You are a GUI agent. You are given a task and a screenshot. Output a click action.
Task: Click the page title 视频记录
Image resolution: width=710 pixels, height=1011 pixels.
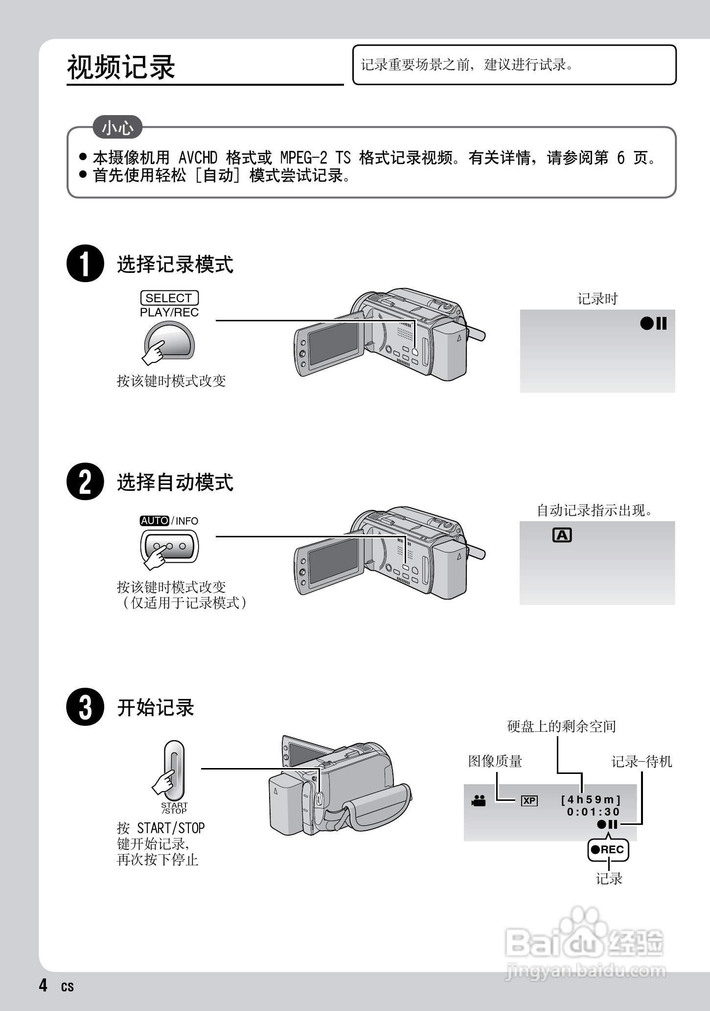click(121, 67)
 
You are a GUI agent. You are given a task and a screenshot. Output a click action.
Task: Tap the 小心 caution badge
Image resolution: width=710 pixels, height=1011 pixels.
click(117, 127)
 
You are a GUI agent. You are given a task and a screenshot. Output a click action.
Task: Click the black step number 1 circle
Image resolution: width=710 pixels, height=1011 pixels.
click(85, 264)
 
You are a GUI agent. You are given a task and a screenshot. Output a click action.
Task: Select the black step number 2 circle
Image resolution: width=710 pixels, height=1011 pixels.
click(85, 481)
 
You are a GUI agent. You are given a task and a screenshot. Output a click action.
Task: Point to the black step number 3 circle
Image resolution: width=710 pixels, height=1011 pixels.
click(85, 707)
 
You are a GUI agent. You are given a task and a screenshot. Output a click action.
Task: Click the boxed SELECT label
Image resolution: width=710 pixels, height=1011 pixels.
click(169, 298)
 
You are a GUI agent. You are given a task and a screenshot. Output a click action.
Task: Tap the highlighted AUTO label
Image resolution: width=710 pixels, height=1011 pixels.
click(155, 521)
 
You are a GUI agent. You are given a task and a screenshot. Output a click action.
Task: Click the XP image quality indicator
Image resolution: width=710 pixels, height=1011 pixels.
click(529, 801)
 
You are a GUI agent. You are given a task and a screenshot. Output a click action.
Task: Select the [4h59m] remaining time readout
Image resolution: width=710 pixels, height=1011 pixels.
click(591, 800)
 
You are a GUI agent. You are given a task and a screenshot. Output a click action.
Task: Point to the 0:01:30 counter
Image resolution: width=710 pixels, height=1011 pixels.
click(594, 812)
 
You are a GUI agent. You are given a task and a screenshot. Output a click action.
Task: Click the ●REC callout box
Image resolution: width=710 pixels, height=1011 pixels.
click(608, 850)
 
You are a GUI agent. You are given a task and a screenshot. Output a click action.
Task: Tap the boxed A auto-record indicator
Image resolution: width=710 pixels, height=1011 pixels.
click(562, 535)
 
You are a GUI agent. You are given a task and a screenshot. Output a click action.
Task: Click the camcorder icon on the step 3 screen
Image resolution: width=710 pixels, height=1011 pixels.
click(479, 801)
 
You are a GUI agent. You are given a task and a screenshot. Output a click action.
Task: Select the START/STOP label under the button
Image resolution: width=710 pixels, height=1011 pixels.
click(174, 808)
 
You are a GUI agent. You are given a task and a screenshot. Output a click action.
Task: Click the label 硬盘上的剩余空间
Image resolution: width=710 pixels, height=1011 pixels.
click(561, 726)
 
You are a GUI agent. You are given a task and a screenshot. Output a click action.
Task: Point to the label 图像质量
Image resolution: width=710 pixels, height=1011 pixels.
click(495, 761)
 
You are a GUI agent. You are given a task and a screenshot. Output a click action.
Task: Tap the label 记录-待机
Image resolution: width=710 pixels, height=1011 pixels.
click(641, 761)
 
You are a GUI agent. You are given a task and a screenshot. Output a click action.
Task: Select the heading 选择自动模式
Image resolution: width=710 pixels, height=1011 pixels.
click(175, 482)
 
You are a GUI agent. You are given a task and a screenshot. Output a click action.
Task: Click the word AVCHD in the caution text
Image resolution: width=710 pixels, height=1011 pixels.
click(198, 158)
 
